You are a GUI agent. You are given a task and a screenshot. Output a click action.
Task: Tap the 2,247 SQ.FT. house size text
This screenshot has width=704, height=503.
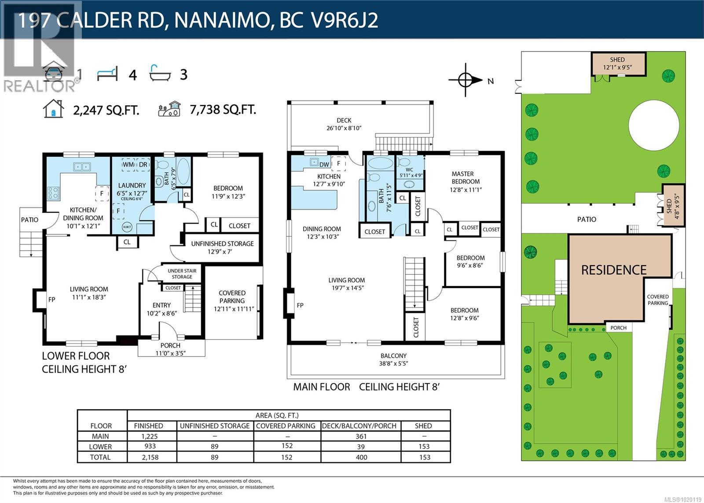106,110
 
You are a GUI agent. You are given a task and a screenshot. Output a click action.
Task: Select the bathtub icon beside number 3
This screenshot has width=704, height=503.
159,74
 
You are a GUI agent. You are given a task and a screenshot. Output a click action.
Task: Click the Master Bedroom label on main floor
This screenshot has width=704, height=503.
466,178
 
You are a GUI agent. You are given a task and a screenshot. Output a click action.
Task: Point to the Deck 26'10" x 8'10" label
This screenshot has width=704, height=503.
344,124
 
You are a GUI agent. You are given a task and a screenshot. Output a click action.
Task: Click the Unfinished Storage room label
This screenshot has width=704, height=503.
222,244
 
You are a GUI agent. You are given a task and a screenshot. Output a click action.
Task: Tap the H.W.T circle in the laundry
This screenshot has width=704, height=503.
127,227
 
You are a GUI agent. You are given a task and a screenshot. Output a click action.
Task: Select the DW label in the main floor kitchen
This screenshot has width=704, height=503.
324,165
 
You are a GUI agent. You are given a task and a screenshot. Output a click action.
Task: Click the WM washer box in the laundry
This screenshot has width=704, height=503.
128,165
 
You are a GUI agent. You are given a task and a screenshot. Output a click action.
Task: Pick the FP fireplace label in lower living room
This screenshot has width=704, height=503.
52,300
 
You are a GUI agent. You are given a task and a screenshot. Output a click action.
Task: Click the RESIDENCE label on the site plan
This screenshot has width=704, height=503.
614,270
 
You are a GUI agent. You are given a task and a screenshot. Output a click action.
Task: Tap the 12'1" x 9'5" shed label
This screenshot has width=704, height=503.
617,63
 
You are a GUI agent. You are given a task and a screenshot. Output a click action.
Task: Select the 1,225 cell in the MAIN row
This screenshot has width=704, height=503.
150,436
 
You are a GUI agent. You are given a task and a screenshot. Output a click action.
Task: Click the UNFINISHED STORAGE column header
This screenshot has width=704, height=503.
215,425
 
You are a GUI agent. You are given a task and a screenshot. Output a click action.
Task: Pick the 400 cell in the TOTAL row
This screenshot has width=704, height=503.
361,457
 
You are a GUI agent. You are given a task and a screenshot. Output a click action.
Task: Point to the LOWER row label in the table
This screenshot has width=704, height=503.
100,447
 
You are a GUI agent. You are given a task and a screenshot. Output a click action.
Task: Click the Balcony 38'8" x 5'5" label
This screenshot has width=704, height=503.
393,359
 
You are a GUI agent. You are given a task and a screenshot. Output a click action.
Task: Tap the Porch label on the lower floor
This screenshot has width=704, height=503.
170,345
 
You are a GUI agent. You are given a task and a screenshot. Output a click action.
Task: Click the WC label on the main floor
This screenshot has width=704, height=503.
410,170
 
